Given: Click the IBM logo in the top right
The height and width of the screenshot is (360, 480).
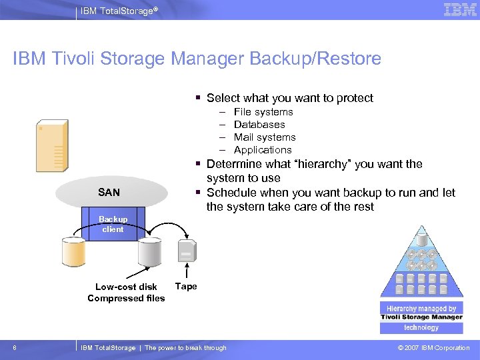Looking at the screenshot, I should click(460, 9).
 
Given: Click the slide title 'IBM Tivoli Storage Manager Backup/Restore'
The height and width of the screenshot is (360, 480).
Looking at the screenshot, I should click(197, 59).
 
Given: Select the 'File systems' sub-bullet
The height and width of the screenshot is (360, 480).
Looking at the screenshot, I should click(263, 112).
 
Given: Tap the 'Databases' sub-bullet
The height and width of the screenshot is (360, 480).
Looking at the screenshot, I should click(259, 125).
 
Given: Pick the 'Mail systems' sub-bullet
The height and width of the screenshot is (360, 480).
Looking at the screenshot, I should click(265, 137).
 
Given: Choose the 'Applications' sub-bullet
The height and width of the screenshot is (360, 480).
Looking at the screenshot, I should click(263, 150).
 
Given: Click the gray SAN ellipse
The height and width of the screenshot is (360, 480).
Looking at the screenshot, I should click(109, 192).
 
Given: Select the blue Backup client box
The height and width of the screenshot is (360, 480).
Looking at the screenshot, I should click(113, 224).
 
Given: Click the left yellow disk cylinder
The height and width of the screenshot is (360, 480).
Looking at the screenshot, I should click(73, 251).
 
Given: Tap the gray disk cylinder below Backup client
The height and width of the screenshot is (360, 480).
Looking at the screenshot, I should click(149, 251).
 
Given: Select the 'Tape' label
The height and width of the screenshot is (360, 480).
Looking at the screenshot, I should click(186, 287).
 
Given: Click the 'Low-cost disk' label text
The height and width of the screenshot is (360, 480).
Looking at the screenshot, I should click(126, 287).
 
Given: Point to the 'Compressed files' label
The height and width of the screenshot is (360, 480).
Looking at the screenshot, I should click(126, 299).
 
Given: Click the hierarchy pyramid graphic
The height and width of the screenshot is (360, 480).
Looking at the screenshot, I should click(421, 263).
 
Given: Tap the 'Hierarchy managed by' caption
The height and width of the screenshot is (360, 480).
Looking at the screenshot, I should click(421, 309).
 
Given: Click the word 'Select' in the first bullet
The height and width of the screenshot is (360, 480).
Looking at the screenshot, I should click(223, 98).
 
